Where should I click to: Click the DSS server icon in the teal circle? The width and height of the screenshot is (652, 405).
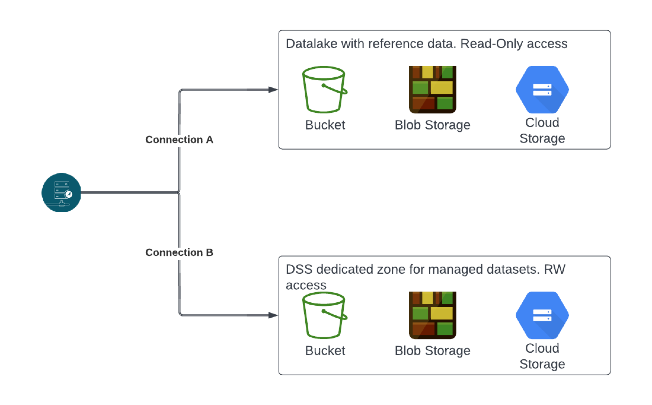point(61,192)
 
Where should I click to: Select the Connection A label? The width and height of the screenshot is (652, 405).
point(179,140)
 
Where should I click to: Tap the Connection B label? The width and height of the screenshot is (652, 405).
point(179,252)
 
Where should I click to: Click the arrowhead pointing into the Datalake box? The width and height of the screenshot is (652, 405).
point(273,90)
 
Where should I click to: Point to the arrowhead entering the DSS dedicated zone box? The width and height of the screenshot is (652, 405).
point(273,315)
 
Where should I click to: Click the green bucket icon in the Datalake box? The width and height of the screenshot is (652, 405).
point(324,90)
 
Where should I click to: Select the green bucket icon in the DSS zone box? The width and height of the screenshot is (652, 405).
point(324,315)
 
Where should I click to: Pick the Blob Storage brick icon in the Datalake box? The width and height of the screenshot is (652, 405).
point(432,90)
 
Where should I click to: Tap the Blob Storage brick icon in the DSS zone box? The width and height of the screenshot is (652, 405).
point(432,315)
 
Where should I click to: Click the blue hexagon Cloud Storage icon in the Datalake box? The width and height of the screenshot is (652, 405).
point(542,90)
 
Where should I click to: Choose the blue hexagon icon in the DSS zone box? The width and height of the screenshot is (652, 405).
point(542,315)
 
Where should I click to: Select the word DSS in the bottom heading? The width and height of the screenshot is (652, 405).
point(299,270)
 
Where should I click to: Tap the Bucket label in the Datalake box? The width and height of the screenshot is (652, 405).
point(325,125)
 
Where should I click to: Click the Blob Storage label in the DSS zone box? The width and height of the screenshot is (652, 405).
point(432,351)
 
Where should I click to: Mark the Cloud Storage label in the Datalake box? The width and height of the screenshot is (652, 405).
point(542,131)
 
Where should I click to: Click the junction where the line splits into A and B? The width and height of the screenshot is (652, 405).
point(179,192)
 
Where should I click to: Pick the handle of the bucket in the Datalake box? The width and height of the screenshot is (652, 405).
point(335,89)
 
